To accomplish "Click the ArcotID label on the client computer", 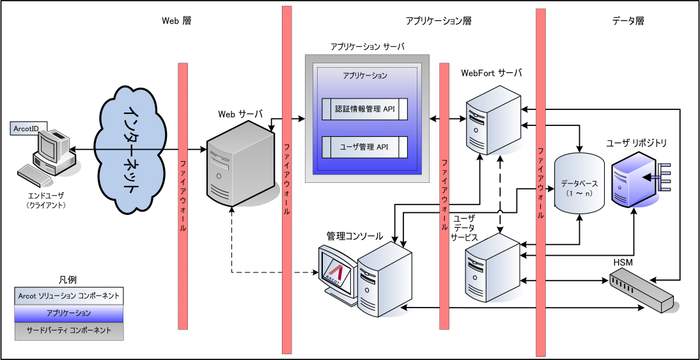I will coord(26,129).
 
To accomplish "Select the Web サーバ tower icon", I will coord(234,165).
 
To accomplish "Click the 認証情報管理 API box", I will coord(364,109).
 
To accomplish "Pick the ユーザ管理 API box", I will coord(364,147).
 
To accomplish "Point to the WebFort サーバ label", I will coord(492,73).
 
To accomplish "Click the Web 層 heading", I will coord(176,20).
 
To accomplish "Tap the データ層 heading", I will coord(627,20).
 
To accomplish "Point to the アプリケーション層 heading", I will coord(439,20).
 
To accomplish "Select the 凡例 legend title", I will coord(67,279).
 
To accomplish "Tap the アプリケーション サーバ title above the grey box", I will coord(368,47).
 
